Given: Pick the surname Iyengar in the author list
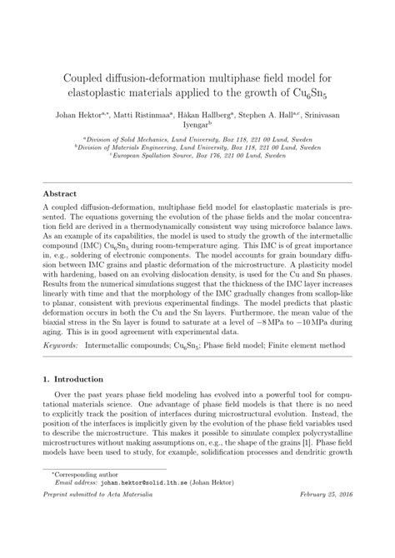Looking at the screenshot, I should [x=197, y=129].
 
